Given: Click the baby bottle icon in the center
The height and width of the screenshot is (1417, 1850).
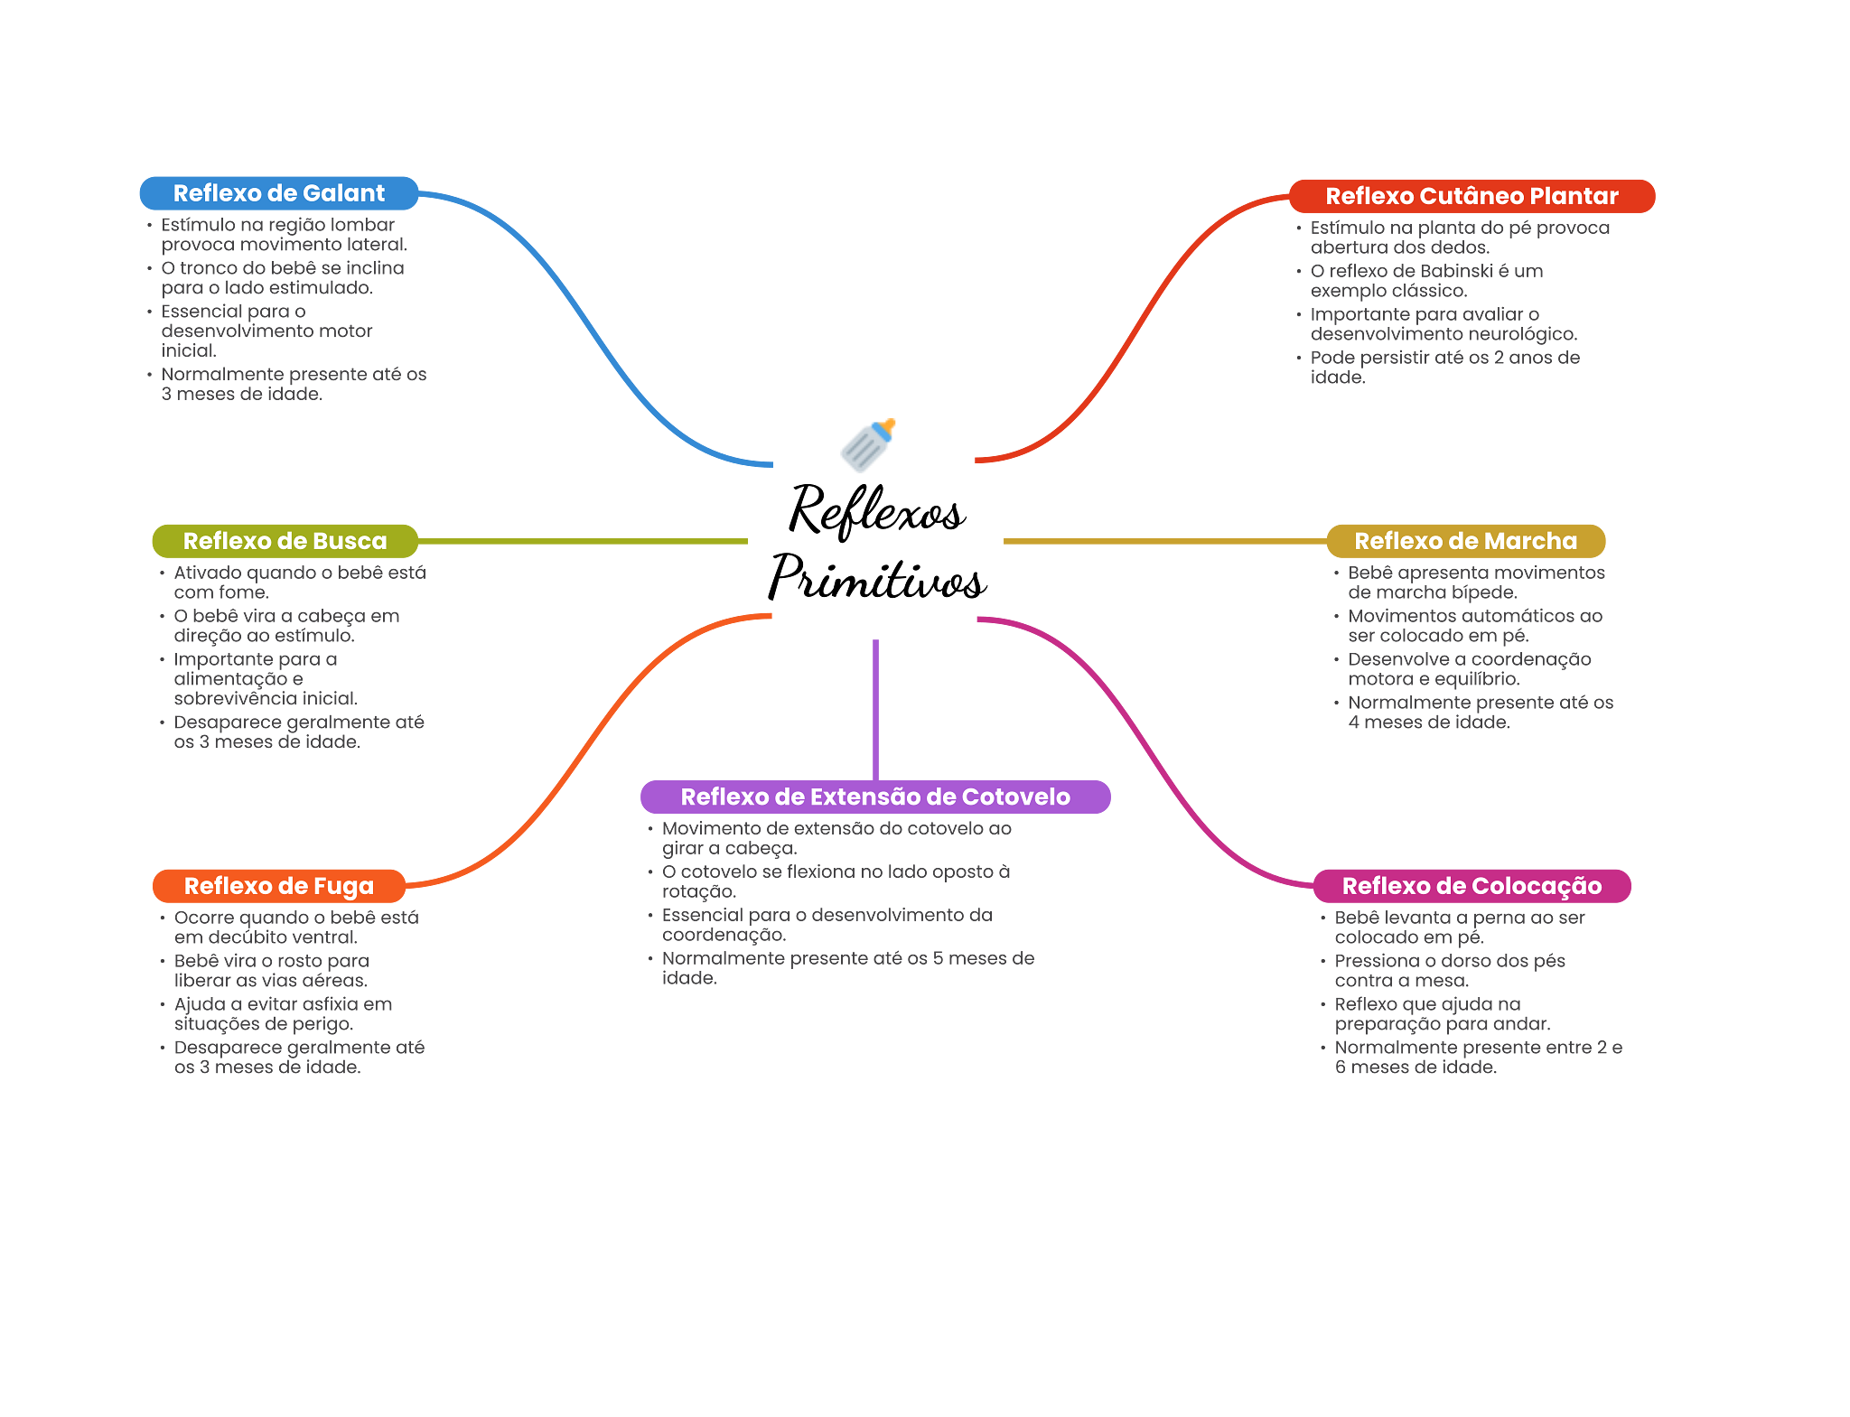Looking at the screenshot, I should [867, 445].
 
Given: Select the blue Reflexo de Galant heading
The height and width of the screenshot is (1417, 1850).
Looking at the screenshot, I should [279, 193].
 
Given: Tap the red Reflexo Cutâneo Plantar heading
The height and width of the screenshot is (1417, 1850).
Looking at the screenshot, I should [1472, 196].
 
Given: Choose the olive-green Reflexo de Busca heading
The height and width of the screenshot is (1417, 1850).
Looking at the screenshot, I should [285, 541].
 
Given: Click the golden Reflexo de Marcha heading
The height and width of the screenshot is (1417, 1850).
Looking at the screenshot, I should [1465, 541].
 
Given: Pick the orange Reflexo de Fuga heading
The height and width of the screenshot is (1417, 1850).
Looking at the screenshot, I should [278, 886].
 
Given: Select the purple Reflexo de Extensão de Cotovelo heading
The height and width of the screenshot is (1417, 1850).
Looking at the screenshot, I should [875, 797].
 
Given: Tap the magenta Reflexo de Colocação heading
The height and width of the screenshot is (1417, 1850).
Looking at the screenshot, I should [1472, 886].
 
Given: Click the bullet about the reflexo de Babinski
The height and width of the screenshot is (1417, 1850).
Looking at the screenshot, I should [1426, 281].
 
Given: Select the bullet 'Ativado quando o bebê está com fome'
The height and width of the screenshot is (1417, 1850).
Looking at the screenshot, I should [299, 583].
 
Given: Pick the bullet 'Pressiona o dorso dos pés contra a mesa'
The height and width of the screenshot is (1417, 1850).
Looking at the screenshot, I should [1449, 971].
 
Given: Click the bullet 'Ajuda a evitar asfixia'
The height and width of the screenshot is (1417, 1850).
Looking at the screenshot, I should [283, 1014].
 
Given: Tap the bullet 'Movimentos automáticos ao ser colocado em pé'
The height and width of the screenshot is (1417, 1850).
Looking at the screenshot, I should [1474, 626].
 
